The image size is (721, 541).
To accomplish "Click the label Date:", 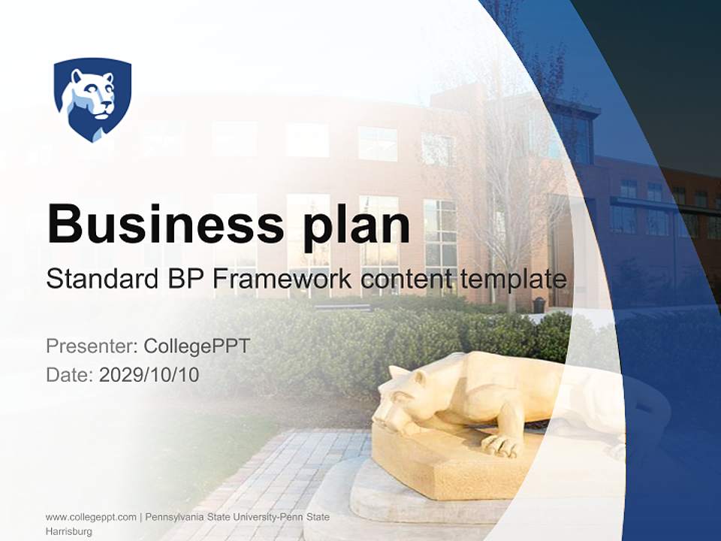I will tap(69, 374).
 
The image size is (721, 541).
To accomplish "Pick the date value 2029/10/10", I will tap(149, 374).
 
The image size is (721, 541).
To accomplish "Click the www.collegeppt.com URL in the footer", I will tap(90, 517).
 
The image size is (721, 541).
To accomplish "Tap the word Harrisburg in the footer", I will tap(69, 531).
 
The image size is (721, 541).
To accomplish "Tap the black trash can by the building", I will tap(538, 304).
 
